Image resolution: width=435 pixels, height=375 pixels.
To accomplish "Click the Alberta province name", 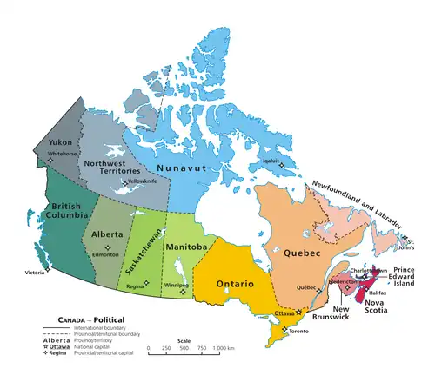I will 108,234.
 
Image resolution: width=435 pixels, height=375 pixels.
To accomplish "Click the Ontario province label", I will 235,284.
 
